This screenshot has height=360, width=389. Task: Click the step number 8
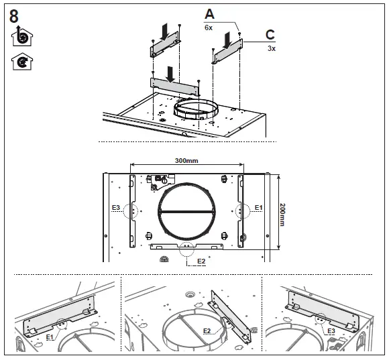tap(14, 16)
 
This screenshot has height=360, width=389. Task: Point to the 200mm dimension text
tap(282, 215)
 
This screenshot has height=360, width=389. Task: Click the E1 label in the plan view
tap(258, 208)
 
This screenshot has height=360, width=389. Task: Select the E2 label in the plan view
tap(201, 260)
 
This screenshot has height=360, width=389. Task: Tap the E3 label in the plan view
tap(116, 208)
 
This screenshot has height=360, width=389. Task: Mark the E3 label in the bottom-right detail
tap(331, 331)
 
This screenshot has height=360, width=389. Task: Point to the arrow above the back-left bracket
tap(165, 31)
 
